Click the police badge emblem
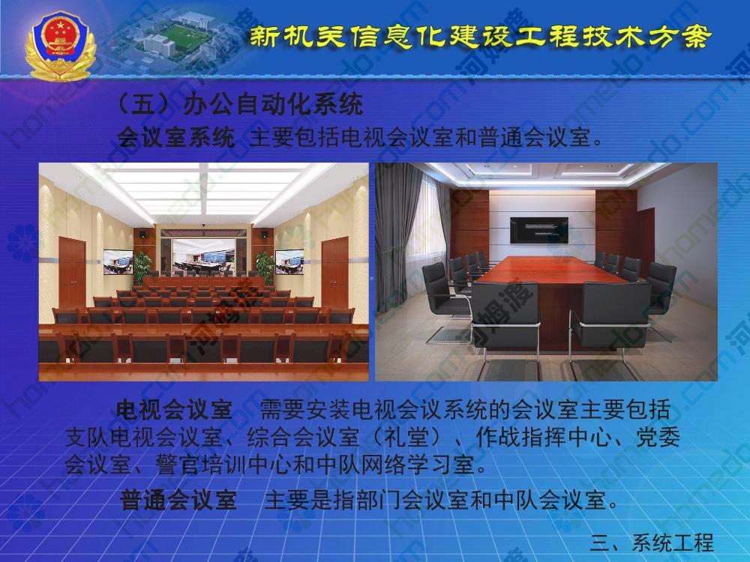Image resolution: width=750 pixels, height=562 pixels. [x=61, y=46]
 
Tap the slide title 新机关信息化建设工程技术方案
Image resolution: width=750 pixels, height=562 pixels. [x=480, y=37]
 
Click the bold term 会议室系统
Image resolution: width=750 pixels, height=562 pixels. [x=176, y=137]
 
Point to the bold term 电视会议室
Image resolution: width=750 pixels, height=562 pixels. [x=174, y=410]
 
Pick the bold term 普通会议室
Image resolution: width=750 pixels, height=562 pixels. [x=178, y=500]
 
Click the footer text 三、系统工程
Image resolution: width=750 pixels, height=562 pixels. [x=652, y=543]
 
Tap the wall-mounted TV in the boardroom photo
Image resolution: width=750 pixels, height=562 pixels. [x=539, y=230]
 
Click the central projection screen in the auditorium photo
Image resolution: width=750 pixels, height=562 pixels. [x=204, y=257]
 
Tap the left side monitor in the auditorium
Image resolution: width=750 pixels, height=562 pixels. [x=118, y=262]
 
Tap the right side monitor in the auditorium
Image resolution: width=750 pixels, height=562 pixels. [x=289, y=262]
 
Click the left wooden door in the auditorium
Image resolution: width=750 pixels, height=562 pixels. [x=72, y=274]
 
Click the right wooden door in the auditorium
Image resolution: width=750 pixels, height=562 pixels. [x=334, y=274]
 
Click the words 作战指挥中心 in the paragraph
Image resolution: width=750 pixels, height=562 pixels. [x=543, y=436]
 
